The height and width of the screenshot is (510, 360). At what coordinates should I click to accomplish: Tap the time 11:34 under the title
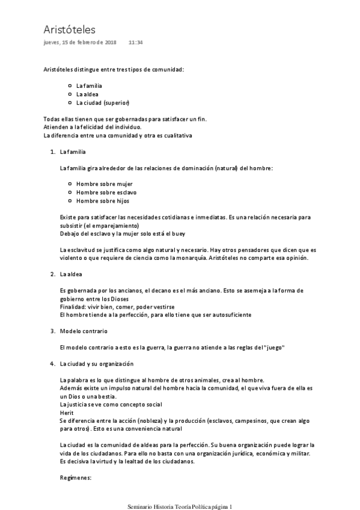(136, 43)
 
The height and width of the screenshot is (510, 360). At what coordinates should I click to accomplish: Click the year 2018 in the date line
(111, 43)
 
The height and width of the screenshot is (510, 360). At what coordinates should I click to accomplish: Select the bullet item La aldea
(87, 94)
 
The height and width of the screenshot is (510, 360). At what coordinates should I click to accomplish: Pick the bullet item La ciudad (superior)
(103, 102)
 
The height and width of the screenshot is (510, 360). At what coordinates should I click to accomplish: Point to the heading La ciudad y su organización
(96, 364)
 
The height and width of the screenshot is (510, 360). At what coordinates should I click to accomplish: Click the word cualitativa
(175, 135)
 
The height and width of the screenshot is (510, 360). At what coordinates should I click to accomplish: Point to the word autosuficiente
(227, 315)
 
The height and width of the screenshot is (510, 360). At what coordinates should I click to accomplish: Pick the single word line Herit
(67, 413)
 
